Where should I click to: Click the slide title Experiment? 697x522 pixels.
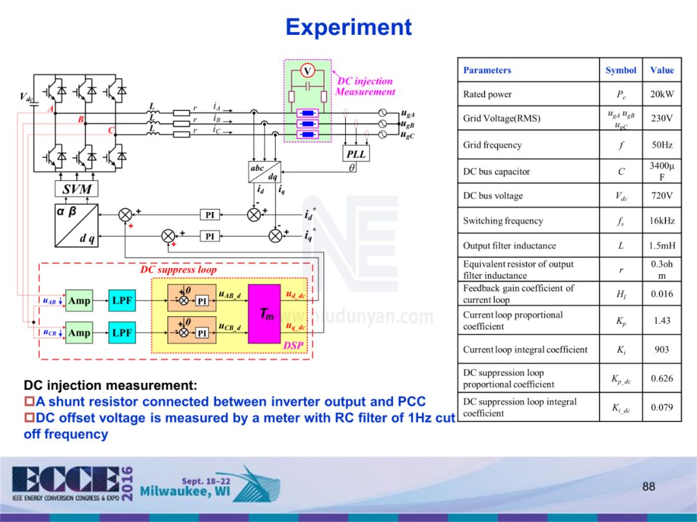[348, 27]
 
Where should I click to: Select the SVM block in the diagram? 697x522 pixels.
[77, 189]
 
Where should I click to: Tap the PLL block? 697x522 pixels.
[356, 154]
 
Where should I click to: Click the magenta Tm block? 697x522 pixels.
[264, 314]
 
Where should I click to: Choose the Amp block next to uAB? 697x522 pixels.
[79, 300]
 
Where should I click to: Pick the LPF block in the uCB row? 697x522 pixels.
[122, 333]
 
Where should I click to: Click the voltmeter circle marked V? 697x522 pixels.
[308, 70]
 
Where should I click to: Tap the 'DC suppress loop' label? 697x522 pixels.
[178, 270]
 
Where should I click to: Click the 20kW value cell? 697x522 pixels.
[662, 94]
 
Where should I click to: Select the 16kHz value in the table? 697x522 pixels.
[662, 220]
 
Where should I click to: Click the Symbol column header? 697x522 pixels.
[621, 70]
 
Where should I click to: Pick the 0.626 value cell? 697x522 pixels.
[662, 378]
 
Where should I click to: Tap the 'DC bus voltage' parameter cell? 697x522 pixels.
[493, 195]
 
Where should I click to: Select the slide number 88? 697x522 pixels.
[649, 486]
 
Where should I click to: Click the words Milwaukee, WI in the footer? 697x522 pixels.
[185, 492]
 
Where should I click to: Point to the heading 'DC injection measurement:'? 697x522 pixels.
[110, 386]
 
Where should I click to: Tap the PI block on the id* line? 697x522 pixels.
[210, 215]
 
